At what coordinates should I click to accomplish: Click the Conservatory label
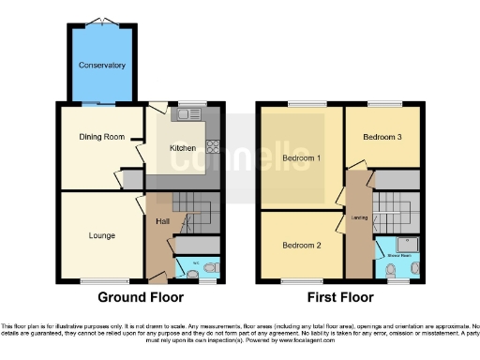(102, 66)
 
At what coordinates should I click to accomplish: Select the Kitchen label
(182, 148)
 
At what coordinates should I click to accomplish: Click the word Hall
(161, 221)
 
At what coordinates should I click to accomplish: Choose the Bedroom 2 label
(302, 245)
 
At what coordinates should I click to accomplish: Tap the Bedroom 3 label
(382, 137)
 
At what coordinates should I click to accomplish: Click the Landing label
(358, 217)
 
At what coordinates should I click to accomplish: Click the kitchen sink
(194, 115)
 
